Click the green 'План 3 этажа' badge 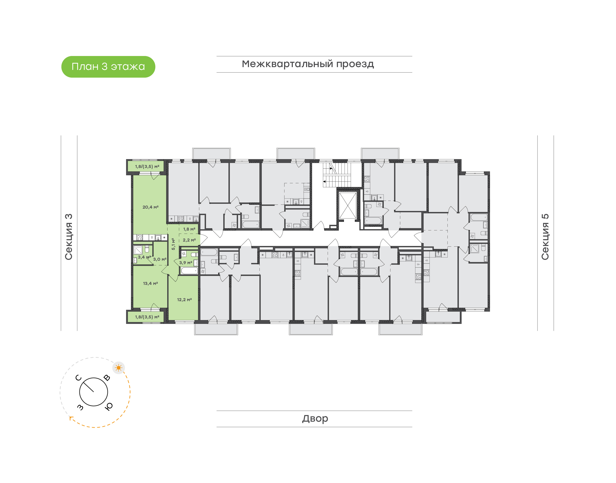[108, 67]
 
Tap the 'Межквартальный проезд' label [308, 64]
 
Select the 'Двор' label [315, 418]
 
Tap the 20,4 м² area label [150, 207]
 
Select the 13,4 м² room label [150, 283]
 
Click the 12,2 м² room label [184, 299]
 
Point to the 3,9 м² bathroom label [186, 263]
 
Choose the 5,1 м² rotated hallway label [173, 244]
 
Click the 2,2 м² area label [189, 240]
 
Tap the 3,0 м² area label [160, 259]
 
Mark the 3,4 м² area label [144, 257]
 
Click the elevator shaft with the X [348, 205]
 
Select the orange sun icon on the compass [118, 368]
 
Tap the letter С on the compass [79, 378]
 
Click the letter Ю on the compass [109, 406]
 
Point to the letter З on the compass [80, 407]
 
